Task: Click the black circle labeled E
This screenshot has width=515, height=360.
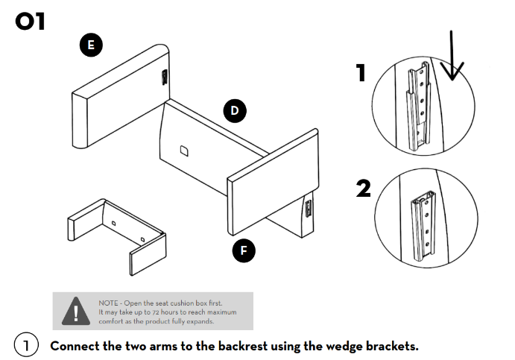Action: point(91,45)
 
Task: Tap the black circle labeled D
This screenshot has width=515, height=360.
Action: point(235,111)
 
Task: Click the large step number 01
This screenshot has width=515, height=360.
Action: point(31,21)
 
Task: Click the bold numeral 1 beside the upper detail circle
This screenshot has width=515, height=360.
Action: point(361,73)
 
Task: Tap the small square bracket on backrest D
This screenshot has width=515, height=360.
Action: point(183,151)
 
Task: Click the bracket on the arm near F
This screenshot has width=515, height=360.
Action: point(307,209)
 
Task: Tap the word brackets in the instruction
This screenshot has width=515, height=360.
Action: point(391,347)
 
